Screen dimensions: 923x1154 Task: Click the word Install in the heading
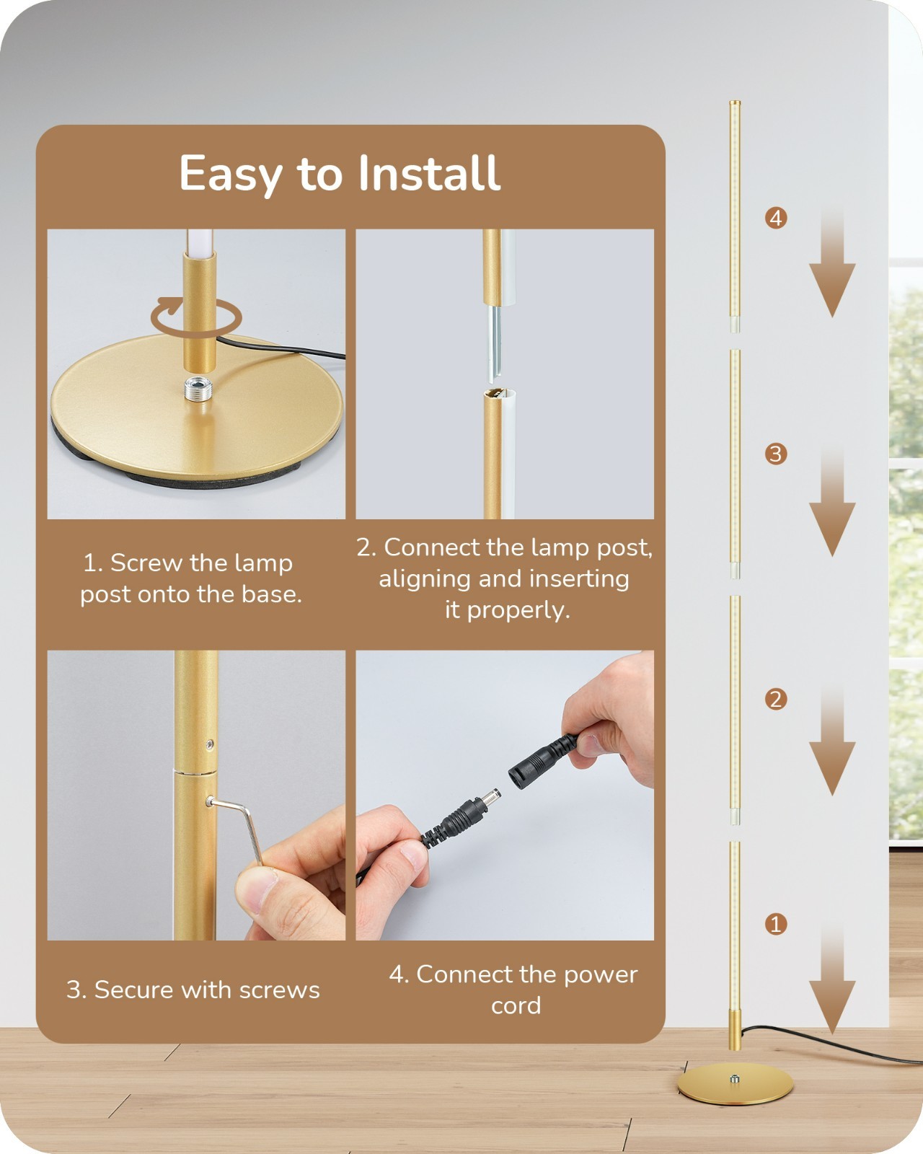429,172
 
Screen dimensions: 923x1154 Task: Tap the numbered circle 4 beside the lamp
776,219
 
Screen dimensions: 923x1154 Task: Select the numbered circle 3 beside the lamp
776,454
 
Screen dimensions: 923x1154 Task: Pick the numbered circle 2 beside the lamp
776,700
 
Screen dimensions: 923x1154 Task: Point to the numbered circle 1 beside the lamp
776,924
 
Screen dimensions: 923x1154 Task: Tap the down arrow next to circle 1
832,977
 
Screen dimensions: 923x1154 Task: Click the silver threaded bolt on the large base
198,389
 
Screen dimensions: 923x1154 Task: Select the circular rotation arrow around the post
195,317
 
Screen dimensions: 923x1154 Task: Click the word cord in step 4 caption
516,1005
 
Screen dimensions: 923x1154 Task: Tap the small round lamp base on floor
735,1083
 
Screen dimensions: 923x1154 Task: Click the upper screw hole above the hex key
210,744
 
